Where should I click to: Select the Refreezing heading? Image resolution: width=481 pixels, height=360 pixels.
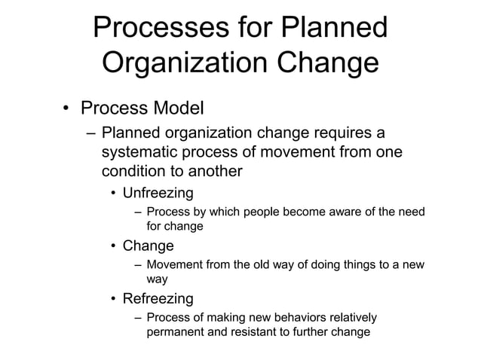click(x=158, y=297)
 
